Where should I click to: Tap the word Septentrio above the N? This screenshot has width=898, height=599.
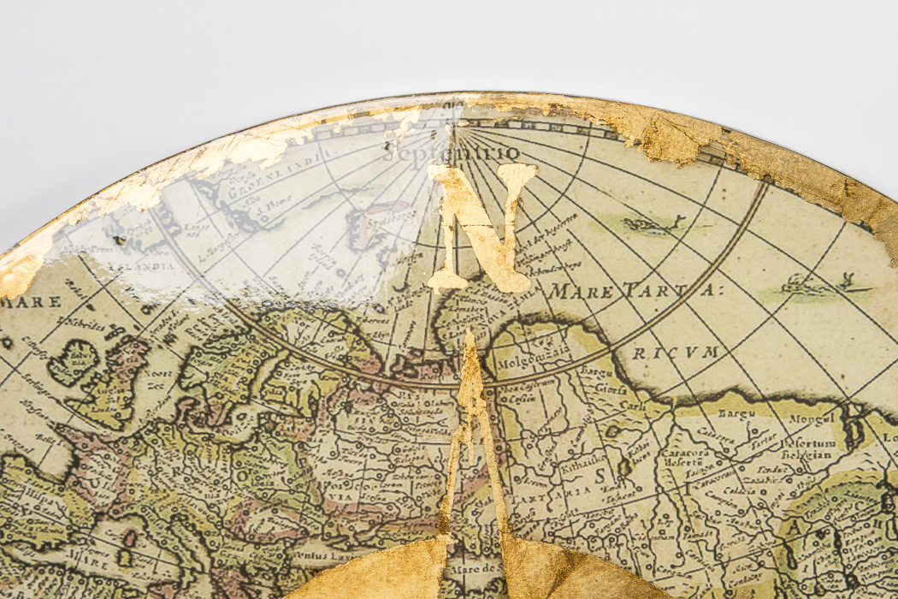pyautogui.click(x=451, y=154)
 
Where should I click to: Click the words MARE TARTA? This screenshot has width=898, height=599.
pyautogui.click(x=634, y=290)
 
